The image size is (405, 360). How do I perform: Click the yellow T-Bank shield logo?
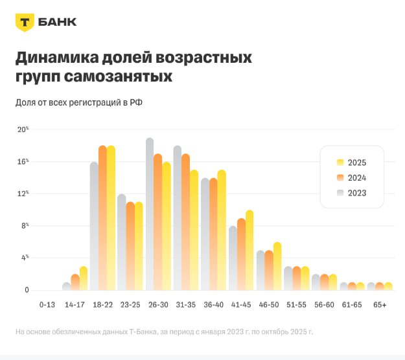click(x=25, y=22)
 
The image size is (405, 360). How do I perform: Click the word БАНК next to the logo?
click(x=58, y=22)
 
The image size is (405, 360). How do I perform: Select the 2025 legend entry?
click(x=351, y=163)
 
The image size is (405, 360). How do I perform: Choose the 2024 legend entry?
click(x=351, y=178)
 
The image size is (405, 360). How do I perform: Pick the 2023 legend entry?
click(x=351, y=193)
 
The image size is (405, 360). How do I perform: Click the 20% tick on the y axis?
click(x=23, y=129)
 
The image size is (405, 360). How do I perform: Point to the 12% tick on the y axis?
click(x=23, y=194)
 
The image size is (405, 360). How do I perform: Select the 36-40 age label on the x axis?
click(x=213, y=304)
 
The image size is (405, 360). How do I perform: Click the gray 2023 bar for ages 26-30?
click(x=150, y=214)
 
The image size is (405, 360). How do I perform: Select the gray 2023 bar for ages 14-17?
click(x=66, y=286)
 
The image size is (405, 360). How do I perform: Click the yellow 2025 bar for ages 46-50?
click(x=277, y=266)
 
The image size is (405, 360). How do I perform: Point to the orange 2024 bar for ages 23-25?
click(x=130, y=246)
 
